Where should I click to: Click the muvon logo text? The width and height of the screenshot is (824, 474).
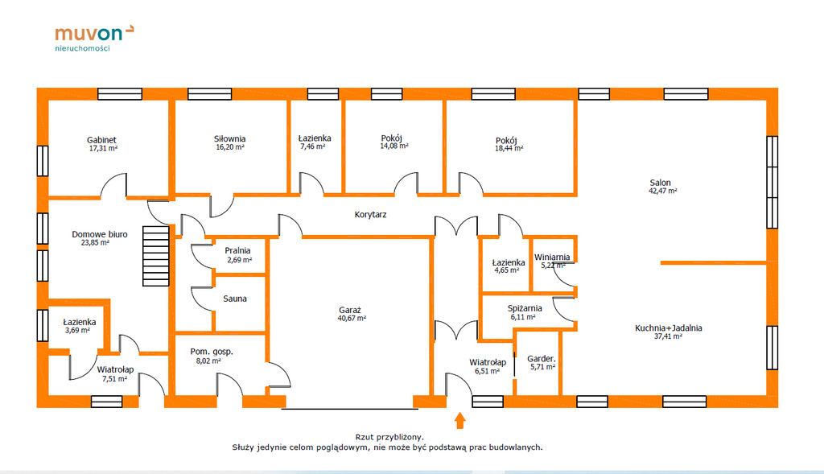point(89,34)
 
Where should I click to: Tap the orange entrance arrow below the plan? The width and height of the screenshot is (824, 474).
point(459,420)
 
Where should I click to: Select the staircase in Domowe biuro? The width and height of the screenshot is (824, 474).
point(156,256)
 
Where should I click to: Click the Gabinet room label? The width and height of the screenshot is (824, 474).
point(101,140)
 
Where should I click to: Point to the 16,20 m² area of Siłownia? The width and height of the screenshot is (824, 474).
point(230,147)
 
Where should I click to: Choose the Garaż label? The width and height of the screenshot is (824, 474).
point(350,310)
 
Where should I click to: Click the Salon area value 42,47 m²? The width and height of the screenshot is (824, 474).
point(663,192)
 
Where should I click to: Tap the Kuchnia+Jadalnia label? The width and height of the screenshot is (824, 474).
point(669,328)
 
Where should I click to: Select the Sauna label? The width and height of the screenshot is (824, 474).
point(235,299)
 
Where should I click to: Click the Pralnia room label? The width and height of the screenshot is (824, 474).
point(237,250)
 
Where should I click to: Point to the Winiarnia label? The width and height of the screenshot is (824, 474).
point(552,257)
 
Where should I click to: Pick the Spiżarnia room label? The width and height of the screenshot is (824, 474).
point(525,308)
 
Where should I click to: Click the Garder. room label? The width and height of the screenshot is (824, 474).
point(542,359)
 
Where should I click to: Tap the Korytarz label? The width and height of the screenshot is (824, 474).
point(370,214)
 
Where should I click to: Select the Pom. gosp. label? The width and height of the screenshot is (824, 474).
point(212,352)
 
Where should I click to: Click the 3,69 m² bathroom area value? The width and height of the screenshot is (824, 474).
point(77,331)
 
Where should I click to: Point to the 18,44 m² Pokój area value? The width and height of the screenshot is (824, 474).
point(509,149)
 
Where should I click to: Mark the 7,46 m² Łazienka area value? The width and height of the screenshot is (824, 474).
point(313,146)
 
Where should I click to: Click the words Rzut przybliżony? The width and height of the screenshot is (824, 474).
point(389,437)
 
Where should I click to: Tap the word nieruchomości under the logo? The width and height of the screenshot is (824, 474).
point(83,48)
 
